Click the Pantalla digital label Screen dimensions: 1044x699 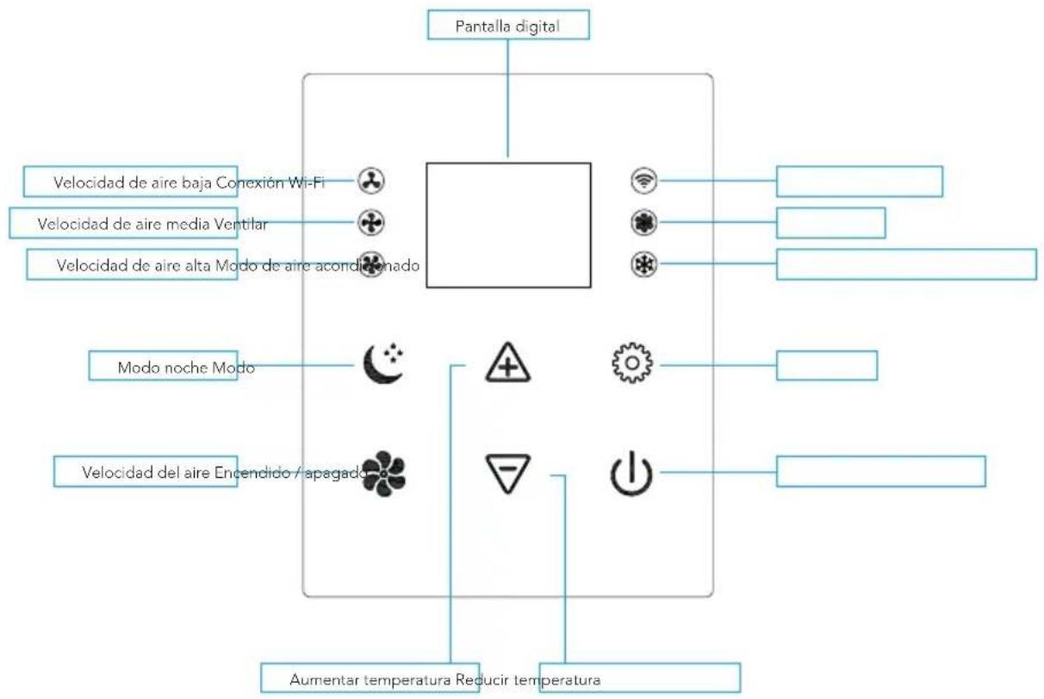(x=507, y=26)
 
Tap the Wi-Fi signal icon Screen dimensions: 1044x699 (x=644, y=180)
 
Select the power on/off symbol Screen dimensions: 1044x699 (x=631, y=473)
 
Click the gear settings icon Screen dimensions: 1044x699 (x=632, y=363)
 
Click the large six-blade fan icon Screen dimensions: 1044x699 (x=383, y=473)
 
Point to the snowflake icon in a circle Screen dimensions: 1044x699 (x=644, y=264)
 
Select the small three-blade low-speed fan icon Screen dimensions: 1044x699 (x=371, y=181)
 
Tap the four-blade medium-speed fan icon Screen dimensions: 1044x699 (x=371, y=223)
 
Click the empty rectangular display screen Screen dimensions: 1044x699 (x=508, y=226)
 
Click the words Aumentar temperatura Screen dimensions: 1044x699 (x=370, y=680)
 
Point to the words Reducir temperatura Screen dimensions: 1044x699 (x=528, y=680)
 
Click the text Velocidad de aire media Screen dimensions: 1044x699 (x=123, y=224)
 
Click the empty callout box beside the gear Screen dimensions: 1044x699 (x=827, y=366)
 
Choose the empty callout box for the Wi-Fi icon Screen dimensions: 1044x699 (x=860, y=181)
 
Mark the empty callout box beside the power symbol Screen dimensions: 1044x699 (x=881, y=472)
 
